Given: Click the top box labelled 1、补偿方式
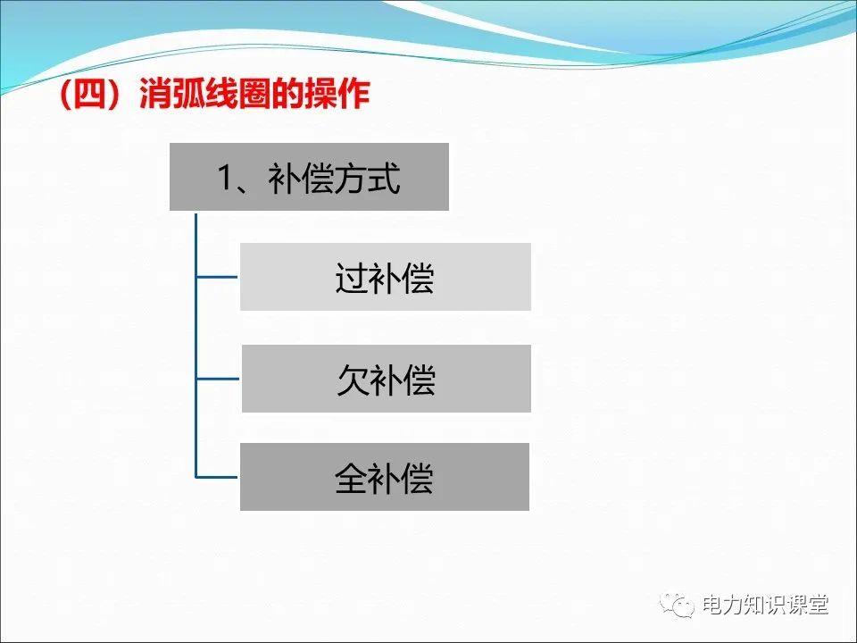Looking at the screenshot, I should click(x=309, y=177).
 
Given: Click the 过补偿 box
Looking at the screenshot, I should click(x=385, y=277).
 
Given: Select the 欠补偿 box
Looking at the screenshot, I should click(x=386, y=379).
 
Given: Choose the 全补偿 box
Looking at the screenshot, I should click(x=384, y=477).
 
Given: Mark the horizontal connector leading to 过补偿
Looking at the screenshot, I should click(x=217, y=277).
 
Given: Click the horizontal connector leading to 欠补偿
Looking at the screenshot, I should click(x=217, y=379).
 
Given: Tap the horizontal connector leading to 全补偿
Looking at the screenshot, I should click(x=217, y=477).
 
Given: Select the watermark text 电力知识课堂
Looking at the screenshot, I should click(x=765, y=605).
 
